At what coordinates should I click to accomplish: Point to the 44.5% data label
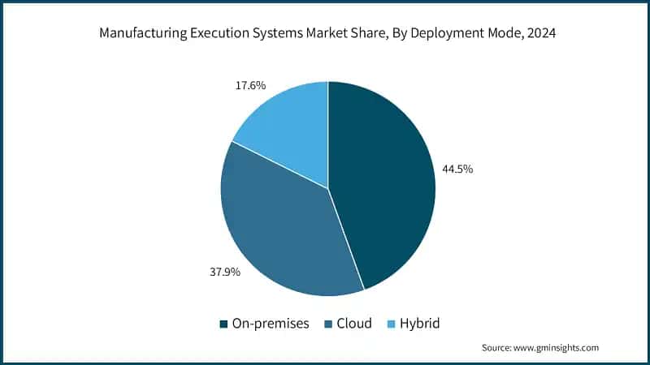click(457, 170)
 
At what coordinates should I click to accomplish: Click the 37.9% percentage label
click(223, 272)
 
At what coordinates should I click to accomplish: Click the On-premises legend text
click(271, 324)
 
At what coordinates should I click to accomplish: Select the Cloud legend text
click(354, 324)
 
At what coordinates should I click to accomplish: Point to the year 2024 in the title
click(535, 34)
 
